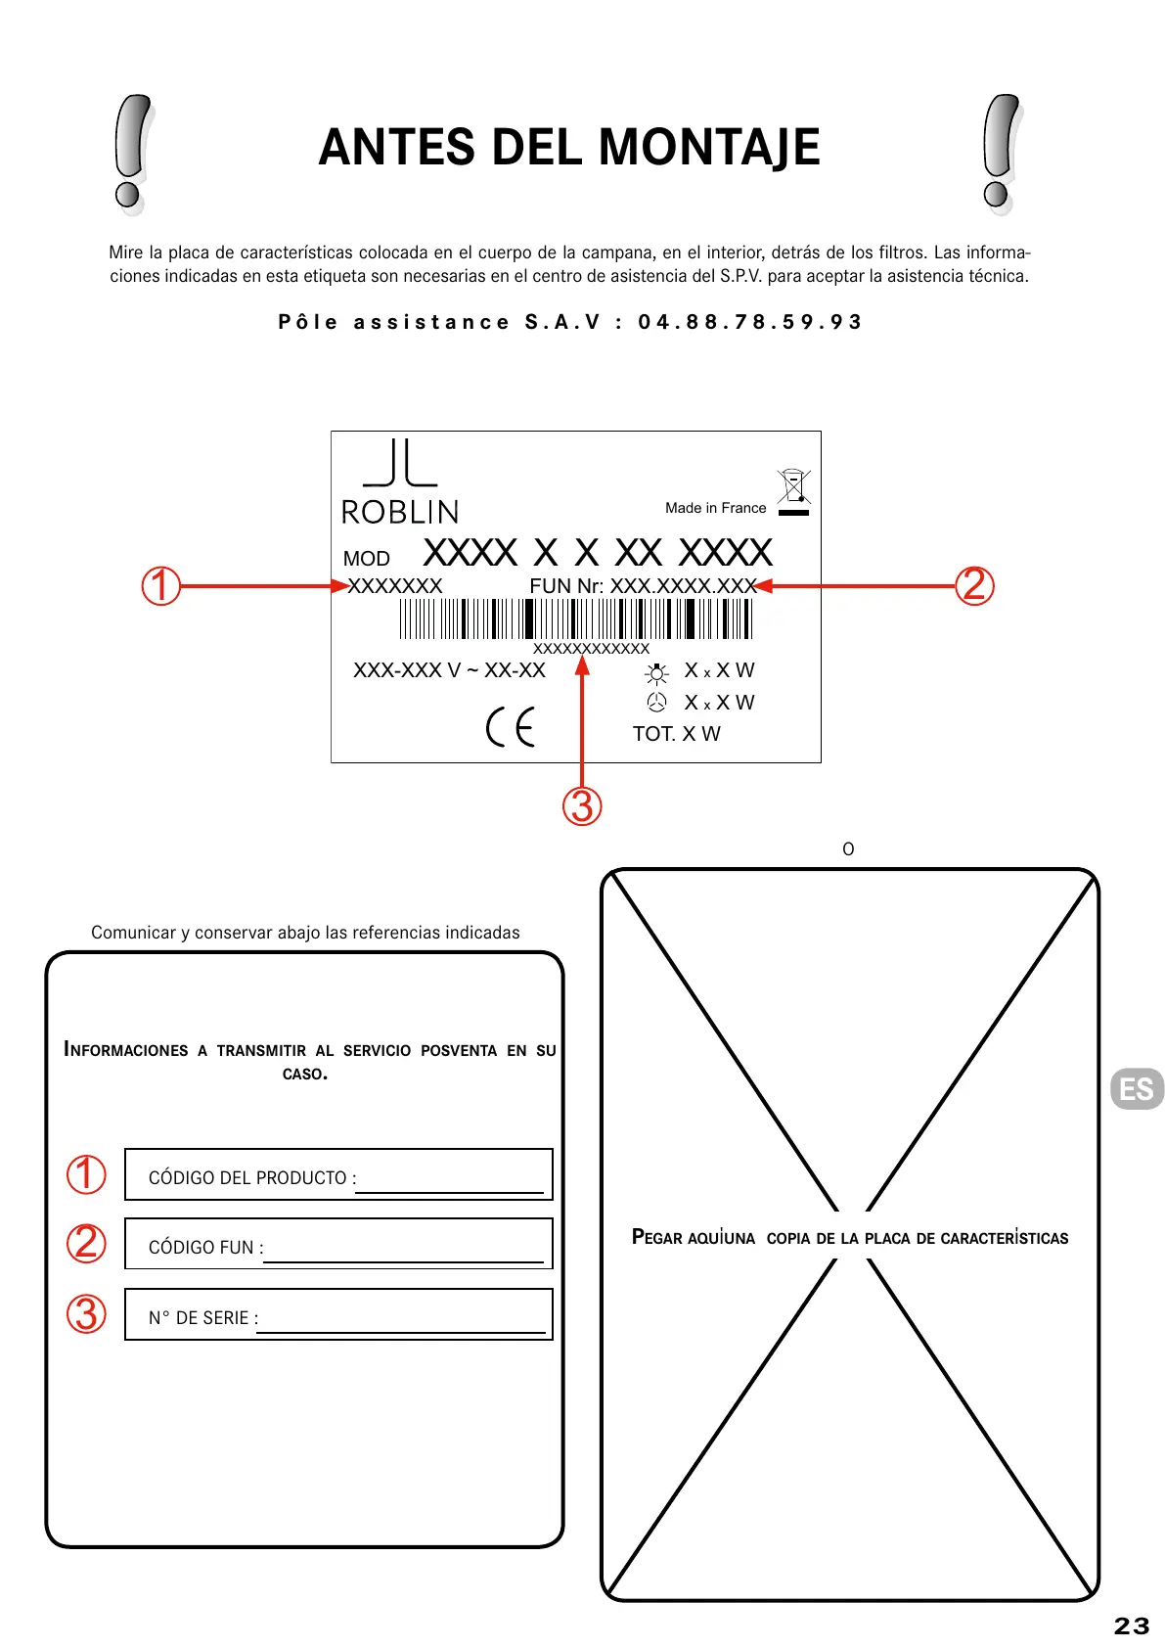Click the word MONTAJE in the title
(x=708, y=147)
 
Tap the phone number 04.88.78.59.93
(x=749, y=322)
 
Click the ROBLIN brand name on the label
(x=399, y=512)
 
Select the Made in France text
(x=715, y=508)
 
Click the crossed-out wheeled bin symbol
(x=793, y=487)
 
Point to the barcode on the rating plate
(x=575, y=618)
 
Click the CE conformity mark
(x=511, y=726)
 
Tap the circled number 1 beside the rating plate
(x=161, y=586)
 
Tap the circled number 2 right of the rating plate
(x=974, y=585)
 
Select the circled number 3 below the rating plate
(x=582, y=806)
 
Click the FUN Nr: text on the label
(x=565, y=586)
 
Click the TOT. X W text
(x=676, y=734)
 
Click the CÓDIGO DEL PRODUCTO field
(x=338, y=1174)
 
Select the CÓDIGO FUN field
(x=338, y=1244)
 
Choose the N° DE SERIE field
(x=338, y=1314)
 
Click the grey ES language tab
(x=1137, y=1088)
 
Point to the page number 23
(x=1131, y=1625)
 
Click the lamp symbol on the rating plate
(x=657, y=673)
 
